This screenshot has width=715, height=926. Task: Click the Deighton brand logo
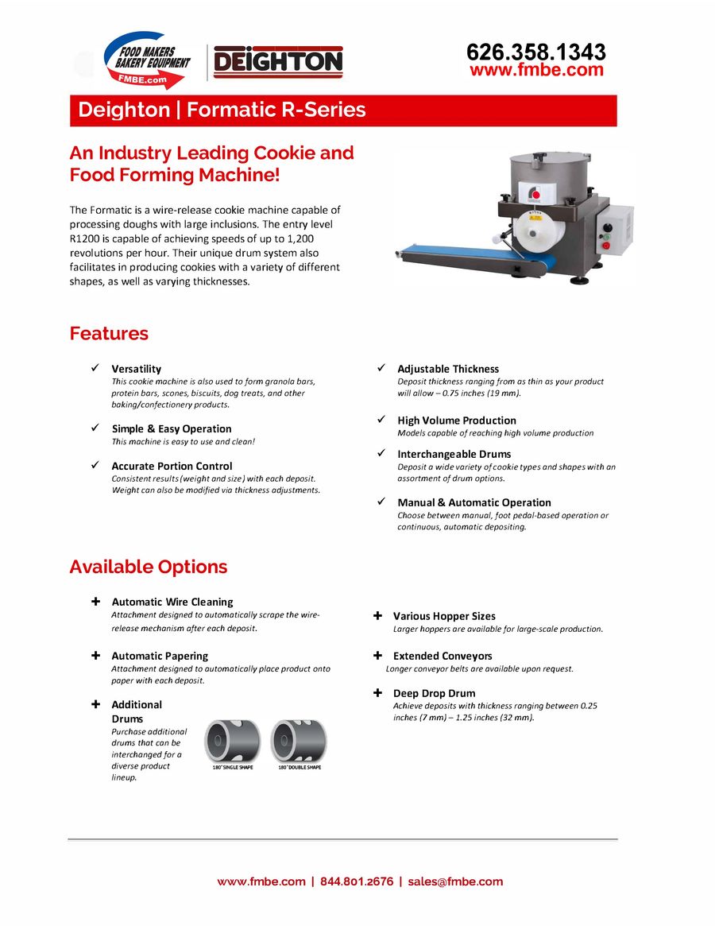[x=277, y=62]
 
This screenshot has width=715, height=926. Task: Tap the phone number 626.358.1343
[x=536, y=52]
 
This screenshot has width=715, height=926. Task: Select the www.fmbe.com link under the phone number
[x=536, y=70]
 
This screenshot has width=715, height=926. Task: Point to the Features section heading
[x=109, y=333]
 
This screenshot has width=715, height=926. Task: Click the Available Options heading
[x=149, y=567]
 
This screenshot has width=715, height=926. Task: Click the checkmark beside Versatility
[x=95, y=368]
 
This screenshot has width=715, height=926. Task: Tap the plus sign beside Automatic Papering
[x=95, y=656]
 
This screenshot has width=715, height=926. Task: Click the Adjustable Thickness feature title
[x=448, y=369]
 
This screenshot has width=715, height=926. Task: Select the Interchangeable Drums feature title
[x=454, y=454]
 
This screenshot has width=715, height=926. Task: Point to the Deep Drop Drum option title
[x=434, y=693]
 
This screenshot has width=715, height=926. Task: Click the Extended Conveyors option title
[x=443, y=656]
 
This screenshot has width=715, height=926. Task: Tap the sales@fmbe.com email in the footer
[x=455, y=881]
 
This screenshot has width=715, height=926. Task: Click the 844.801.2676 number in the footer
[x=357, y=881]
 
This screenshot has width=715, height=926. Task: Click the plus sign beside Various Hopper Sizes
[x=378, y=616]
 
